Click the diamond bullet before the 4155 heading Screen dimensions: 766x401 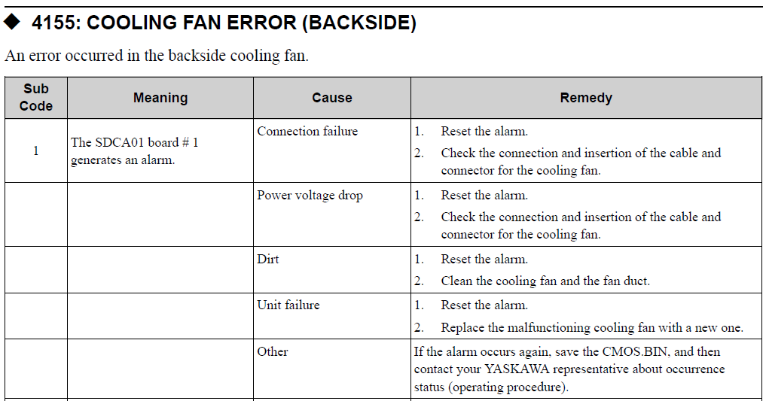pyautogui.click(x=12, y=22)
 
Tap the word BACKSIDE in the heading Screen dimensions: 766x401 pyautogui.click(x=359, y=23)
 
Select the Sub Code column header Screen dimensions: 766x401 pyautogui.click(x=35, y=98)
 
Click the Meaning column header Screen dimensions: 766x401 pyautogui.click(x=160, y=98)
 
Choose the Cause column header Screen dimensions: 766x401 pyautogui.click(x=332, y=98)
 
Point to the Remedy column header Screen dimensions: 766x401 pyautogui.click(x=586, y=98)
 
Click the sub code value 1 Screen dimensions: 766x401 pyautogui.click(x=35, y=150)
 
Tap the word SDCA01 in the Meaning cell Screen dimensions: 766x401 pyautogui.click(x=120, y=142)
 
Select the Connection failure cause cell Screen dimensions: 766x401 pyautogui.click(x=307, y=131)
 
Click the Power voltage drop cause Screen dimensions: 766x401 pyautogui.click(x=310, y=196)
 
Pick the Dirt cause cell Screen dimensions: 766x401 pyautogui.click(x=267, y=259)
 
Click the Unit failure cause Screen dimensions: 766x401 pyautogui.click(x=288, y=305)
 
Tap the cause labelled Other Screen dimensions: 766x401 pyautogui.click(x=273, y=352)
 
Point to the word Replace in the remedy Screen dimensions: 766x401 pyautogui.click(x=460, y=327)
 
